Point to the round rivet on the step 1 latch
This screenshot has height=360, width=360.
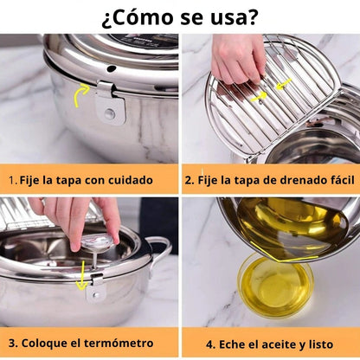pyautogui.click(x=109, y=113)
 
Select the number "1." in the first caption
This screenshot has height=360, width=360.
pyautogui.click(x=14, y=181)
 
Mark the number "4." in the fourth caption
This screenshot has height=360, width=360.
pyautogui.click(x=209, y=342)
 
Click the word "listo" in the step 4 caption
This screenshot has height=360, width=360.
pyautogui.click(x=325, y=342)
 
